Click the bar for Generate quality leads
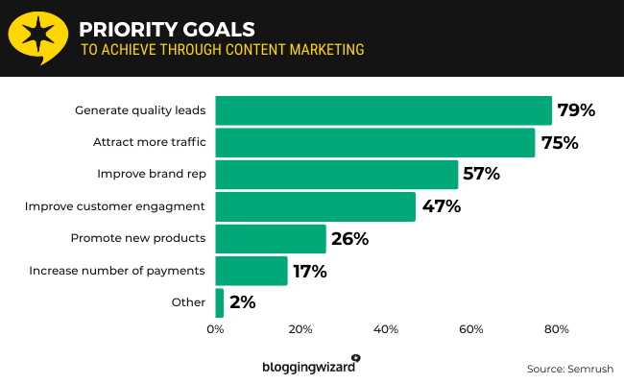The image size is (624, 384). (x=383, y=110)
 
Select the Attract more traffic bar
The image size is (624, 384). (x=374, y=143)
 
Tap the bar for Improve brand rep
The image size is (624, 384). (x=336, y=175)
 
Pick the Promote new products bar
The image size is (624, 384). (x=271, y=239)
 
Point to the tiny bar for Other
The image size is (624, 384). (x=220, y=302)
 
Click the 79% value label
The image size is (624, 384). (x=577, y=110)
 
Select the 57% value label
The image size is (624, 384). (x=482, y=175)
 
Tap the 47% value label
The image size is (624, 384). (x=442, y=206)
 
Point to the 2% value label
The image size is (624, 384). (x=243, y=302)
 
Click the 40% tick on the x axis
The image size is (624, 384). (x=386, y=330)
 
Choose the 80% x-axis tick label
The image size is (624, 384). (x=556, y=330)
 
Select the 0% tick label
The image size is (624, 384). (x=215, y=330)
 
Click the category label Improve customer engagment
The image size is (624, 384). (x=115, y=206)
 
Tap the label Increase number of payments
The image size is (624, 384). (x=117, y=271)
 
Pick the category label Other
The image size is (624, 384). (x=189, y=302)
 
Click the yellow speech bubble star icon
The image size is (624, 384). (x=37, y=36)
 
